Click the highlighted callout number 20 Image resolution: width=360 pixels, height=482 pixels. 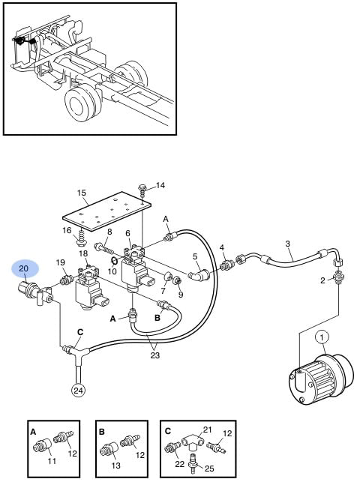click(24, 268)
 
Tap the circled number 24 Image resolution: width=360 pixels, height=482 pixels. click(78, 391)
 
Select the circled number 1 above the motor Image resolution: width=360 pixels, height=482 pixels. click(322, 337)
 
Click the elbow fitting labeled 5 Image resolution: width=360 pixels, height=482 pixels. click(199, 274)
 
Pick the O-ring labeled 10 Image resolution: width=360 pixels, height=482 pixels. click(114, 262)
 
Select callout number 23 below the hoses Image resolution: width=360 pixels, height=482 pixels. click(155, 355)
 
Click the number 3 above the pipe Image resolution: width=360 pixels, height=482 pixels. click(287, 244)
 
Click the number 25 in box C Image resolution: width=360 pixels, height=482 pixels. click(209, 469)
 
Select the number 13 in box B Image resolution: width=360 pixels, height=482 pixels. click(116, 466)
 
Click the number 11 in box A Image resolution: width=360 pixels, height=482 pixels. click(52, 461)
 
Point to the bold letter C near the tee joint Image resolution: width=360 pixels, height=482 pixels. click(80, 332)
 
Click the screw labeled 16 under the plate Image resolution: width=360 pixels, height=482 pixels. click(80, 240)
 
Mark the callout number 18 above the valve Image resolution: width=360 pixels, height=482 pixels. click(83, 253)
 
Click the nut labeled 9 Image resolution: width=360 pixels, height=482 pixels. click(178, 281)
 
